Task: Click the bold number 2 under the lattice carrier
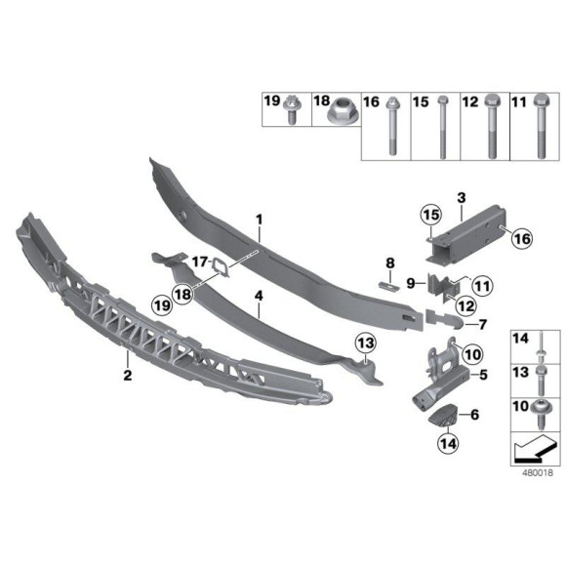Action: pyautogui.click(x=127, y=373)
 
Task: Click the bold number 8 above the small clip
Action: pyautogui.click(x=388, y=263)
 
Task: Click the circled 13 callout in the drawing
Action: pyautogui.click(x=364, y=343)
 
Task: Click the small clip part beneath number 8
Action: pyautogui.click(x=386, y=283)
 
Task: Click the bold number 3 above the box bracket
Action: pyautogui.click(x=460, y=197)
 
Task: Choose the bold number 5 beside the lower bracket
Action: pyautogui.click(x=478, y=373)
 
